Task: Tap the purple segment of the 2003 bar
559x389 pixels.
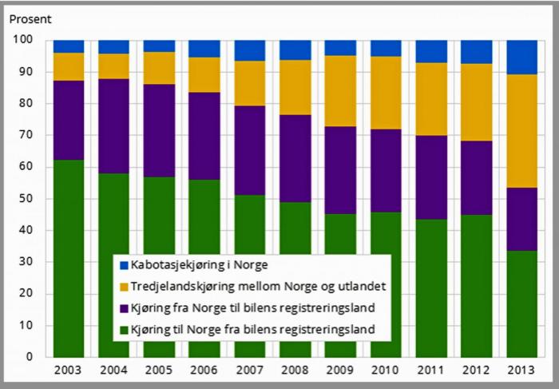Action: [68, 120]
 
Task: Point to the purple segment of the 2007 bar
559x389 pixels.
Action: [250, 150]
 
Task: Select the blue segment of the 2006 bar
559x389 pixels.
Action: [204, 48]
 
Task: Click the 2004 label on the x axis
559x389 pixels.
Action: [113, 371]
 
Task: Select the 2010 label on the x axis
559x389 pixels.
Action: [387, 371]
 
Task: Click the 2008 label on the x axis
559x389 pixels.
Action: [295, 371]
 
